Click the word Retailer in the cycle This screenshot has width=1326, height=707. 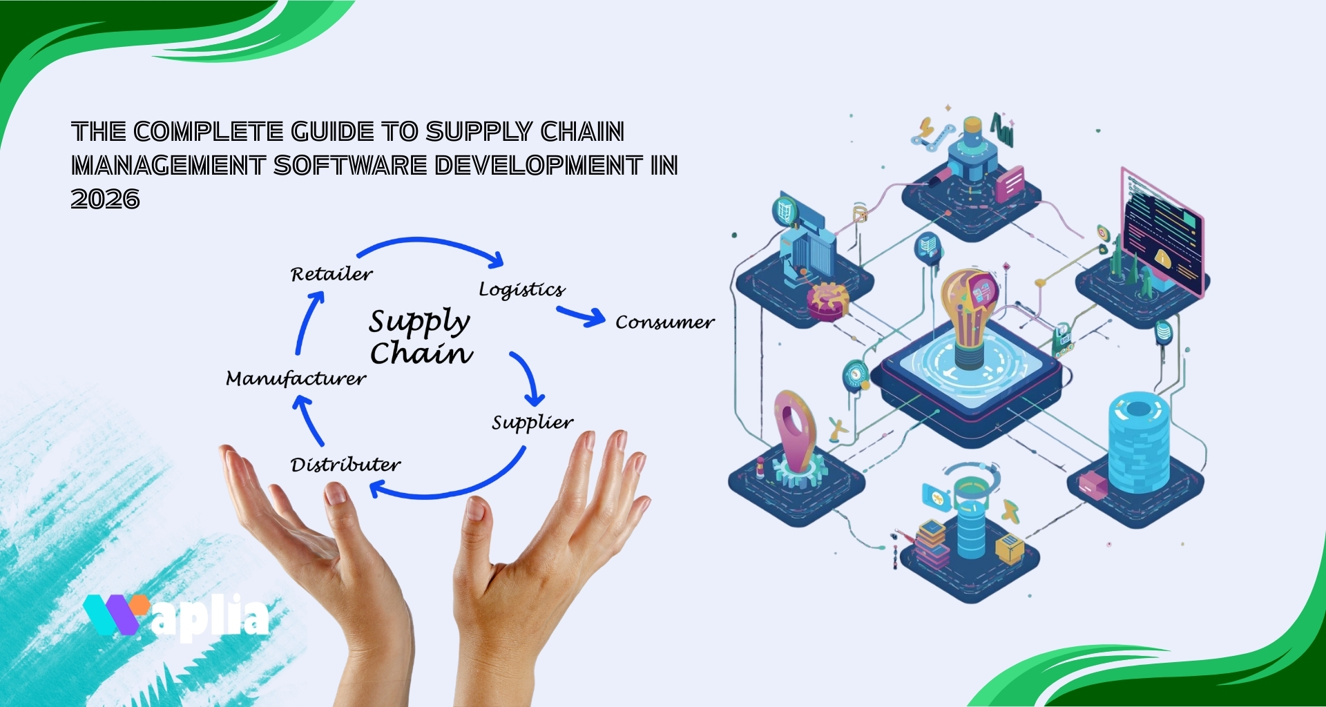[331, 274]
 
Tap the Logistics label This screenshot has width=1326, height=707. [521, 289]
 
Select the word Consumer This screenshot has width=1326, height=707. [664, 322]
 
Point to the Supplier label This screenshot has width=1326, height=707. [532, 422]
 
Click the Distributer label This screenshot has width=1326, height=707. [345, 464]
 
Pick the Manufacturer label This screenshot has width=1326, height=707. [296, 378]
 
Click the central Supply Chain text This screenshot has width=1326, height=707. [420, 337]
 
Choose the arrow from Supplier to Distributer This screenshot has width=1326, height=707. [456, 487]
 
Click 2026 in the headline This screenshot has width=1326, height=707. [105, 200]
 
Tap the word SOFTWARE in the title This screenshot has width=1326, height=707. [350, 166]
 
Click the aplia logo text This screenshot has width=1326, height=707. [211, 617]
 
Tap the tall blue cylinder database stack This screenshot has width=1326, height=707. [1138, 442]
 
